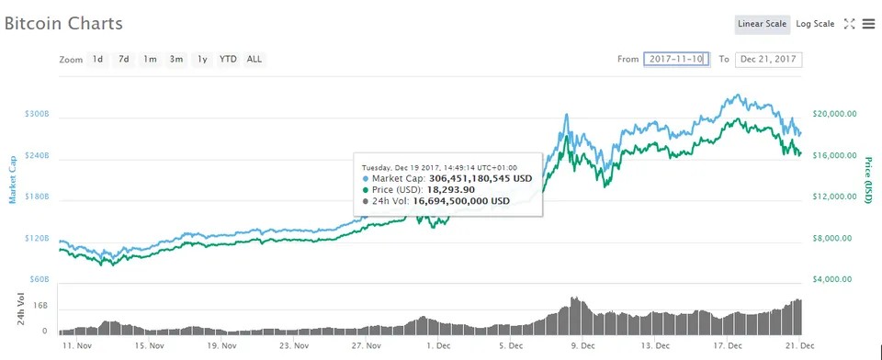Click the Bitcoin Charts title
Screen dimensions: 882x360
click(x=63, y=24)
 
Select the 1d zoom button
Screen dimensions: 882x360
click(x=98, y=59)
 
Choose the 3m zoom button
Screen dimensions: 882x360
click(x=176, y=59)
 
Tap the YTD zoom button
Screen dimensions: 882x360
click(x=228, y=59)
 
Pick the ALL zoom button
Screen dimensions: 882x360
click(x=254, y=59)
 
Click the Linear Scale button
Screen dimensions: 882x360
click(x=763, y=24)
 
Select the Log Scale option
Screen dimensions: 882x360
click(x=815, y=24)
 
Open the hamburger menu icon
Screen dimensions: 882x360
click(x=869, y=24)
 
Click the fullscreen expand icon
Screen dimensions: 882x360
click(x=849, y=24)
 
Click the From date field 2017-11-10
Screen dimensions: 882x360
click(x=677, y=59)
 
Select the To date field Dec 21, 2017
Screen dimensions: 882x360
click(x=768, y=59)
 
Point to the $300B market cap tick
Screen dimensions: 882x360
click(x=37, y=114)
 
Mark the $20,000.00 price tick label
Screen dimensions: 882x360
click(x=835, y=114)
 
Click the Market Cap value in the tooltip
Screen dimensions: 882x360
click(x=480, y=179)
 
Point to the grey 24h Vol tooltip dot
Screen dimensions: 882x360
click(x=367, y=201)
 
